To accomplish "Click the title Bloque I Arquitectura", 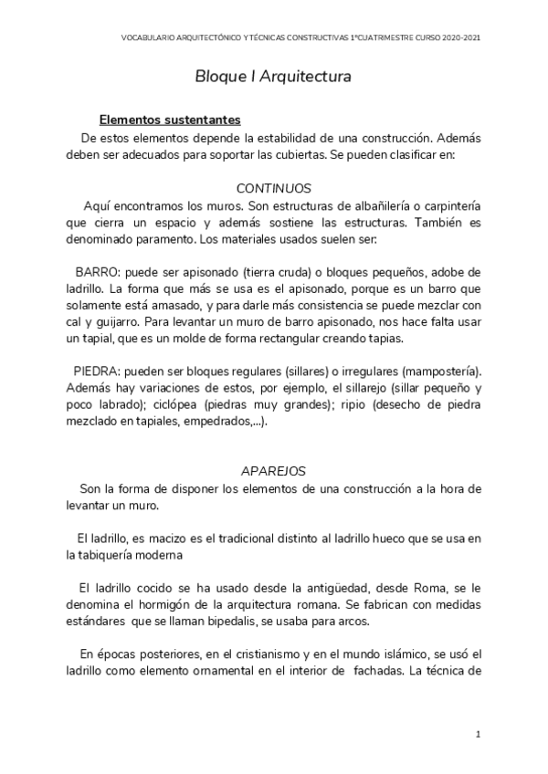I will tap(273, 78).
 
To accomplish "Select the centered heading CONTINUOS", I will tap(273, 188).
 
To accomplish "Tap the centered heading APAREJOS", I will tap(273, 471).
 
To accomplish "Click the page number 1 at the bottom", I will tap(478, 734).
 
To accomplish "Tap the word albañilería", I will tap(381, 206).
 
